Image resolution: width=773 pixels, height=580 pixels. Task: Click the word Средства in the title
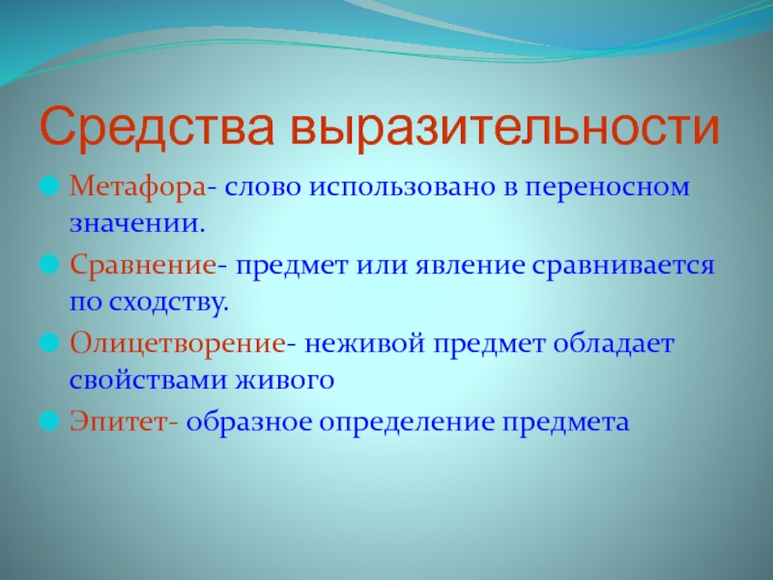[157, 128]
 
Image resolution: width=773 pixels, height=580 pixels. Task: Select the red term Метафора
[137, 188]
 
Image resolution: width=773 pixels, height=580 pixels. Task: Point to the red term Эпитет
[119, 422]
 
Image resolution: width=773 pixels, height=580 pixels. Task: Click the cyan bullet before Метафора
[49, 187]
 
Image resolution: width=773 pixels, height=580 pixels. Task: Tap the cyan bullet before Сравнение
[49, 265]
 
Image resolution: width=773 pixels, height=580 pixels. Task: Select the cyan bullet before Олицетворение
[49, 343]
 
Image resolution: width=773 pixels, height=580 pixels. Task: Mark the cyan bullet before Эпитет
[49, 421]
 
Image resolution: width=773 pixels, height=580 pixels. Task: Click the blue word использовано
[402, 188]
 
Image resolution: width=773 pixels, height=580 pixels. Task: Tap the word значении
[136, 224]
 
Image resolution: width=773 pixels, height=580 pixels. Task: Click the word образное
[249, 421]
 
